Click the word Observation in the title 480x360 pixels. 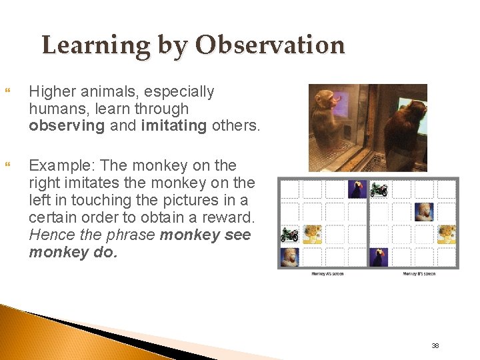click(x=269, y=45)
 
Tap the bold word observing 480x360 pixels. click(x=67, y=125)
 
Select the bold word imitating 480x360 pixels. click(x=173, y=125)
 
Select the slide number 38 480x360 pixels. click(x=435, y=345)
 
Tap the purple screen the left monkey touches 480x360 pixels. click(x=341, y=105)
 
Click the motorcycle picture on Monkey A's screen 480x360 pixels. click(x=289, y=234)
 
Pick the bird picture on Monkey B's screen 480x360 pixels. click(x=379, y=256)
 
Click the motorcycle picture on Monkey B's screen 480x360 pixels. click(x=379, y=189)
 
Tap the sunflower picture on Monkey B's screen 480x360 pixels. click(x=446, y=234)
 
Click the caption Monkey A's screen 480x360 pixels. click(x=327, y=274)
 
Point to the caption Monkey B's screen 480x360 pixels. click(x=419, y=274)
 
